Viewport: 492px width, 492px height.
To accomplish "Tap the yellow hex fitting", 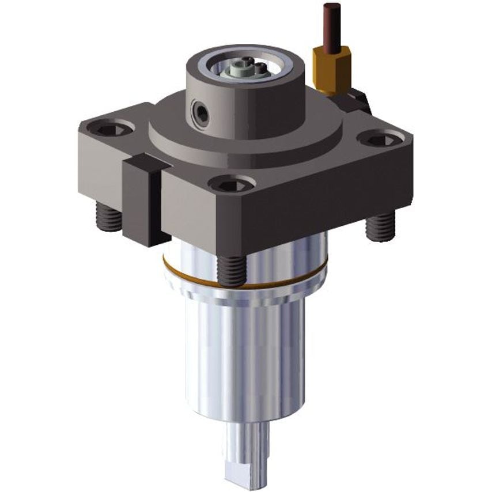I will [331, 68].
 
